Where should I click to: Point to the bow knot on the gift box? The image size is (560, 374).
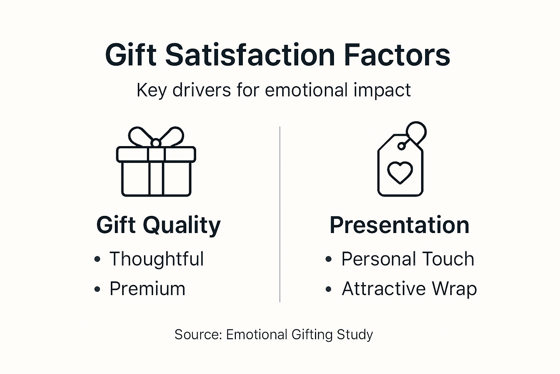pyautogui.click(x=156, y=143)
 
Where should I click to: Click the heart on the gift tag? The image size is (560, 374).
pyautogui.click(x=400, y=172)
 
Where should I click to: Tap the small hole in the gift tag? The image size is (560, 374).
pyautogui.click(x=401, y=146)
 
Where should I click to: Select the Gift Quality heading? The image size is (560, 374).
pyautogui.click(x=158, y=225)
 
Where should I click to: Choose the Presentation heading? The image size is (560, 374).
pyautogui.click(x=399, y=225)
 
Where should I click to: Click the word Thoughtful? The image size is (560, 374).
pyautogui.click(x=156, y=259)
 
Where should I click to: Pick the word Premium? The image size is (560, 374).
pyautogui.click(x=147, y=289)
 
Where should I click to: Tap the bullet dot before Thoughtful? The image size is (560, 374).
pyautogui.click(x=97, y=259)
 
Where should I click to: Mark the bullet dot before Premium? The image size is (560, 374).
pyautogui.click(x=97, y=289)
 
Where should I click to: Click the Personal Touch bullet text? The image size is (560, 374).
pyautogui.click(x=408, y=259)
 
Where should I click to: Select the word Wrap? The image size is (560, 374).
pyautogui.click(x=454, y=289)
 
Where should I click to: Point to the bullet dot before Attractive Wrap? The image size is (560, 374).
pyautogui.click(x=328, y=289)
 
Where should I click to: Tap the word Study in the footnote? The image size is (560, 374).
pyautogui.click(x=355, y=335)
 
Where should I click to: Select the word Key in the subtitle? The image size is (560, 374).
pyautogui.click(x=151, y=90)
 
